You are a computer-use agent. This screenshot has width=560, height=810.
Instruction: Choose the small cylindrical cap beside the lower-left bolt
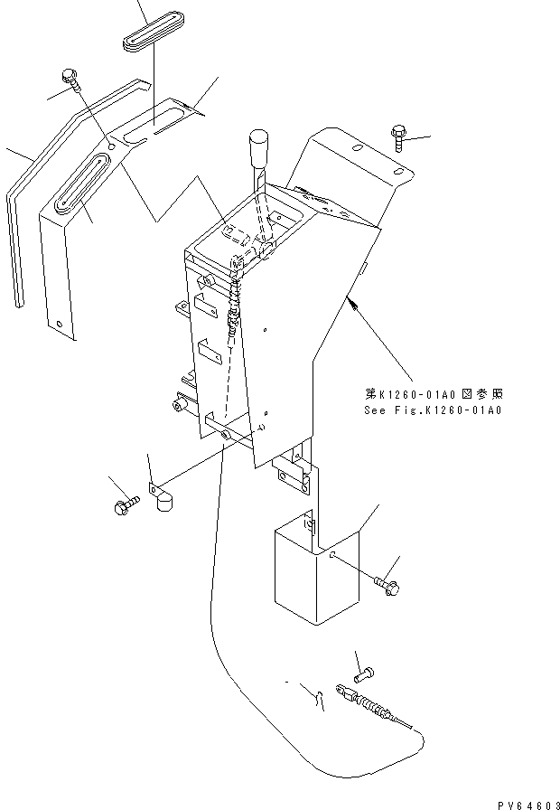tap(164, 502)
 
